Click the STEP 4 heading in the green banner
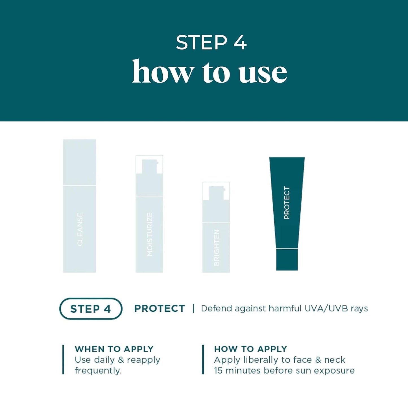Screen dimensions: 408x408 point(211,43)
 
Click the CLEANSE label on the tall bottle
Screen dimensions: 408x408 point(80,229)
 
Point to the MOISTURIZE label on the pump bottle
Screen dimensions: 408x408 point(150,234)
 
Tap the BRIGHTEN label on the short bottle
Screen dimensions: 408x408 point(217,247)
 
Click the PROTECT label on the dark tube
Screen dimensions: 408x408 point(287,202)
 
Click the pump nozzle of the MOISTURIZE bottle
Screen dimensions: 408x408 point(149,167)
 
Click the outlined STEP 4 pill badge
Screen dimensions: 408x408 point(91,309)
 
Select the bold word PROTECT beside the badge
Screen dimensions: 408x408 point(160,309)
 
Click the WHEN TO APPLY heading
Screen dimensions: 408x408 point(114,349)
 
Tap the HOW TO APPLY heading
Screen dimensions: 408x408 point(250,349)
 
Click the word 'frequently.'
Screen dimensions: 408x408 point(98,370)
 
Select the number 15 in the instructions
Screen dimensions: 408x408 point(218,370)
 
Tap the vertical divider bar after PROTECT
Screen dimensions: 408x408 point(193,308)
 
